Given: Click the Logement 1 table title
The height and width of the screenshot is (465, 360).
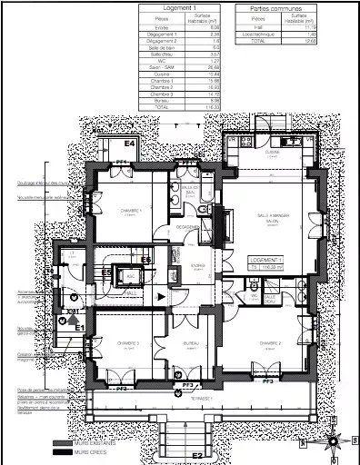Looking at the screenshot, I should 179,7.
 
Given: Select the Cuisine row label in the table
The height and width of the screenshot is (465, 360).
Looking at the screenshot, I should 162,73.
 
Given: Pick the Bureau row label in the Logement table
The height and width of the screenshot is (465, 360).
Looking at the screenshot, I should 162,100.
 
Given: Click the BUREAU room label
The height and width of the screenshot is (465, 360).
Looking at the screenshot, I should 190,343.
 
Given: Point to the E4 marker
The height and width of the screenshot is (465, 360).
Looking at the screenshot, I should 129,143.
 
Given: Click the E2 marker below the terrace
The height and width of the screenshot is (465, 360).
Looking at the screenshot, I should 194,454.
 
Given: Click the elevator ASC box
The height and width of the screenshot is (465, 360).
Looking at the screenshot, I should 132,276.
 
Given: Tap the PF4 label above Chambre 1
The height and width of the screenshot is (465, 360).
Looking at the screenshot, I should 118,162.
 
